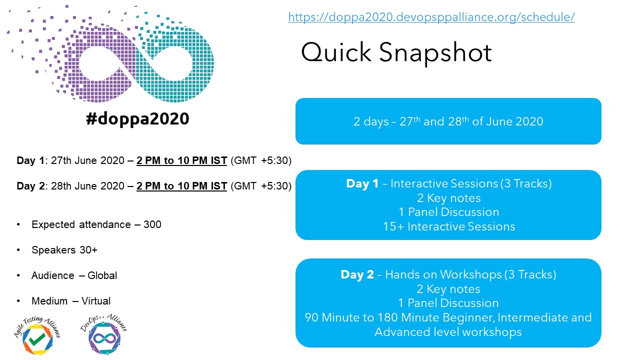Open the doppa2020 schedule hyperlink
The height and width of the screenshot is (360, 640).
pyautogui.click(x=431, y=17)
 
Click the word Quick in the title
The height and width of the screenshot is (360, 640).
pyautogui.click(x=336, y=52)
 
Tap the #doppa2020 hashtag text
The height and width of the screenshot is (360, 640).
pyautogui.click(x=137, y=118)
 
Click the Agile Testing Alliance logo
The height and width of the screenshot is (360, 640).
pyautogui.click(x=37, y=335)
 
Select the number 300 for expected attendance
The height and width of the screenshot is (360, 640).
pyautogui.click(x=152, y=224)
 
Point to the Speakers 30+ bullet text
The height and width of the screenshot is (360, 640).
pyautogui.click(x=64, y=250)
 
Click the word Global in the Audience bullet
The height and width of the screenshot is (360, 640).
pyautogui.click(x=102, y=275)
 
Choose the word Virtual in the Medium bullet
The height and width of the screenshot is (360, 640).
pyautogui.click(x=96, y=301)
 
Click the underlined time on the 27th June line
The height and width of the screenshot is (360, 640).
pyautogui.click(x=181, y=160)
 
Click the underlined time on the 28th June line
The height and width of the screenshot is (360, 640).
pyautogui.click(x=181, y=186)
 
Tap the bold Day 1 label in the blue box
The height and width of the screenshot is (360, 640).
pyautogui.click(x=362, y=183)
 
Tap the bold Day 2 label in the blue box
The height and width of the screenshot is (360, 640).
pyautogui.click(x=357, y=274)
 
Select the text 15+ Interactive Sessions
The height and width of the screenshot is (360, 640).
pyautogui.click(x=449, y=226)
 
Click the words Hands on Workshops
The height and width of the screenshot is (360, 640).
pyautogui.click(x=443, y=274)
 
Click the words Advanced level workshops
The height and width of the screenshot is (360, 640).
pyautogui.click(x=448, y=332)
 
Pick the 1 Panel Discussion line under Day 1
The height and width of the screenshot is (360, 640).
pyautogui.click(x=448, y=212)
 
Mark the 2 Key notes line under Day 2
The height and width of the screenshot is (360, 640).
pyautogui.click(x=448, y=289)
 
